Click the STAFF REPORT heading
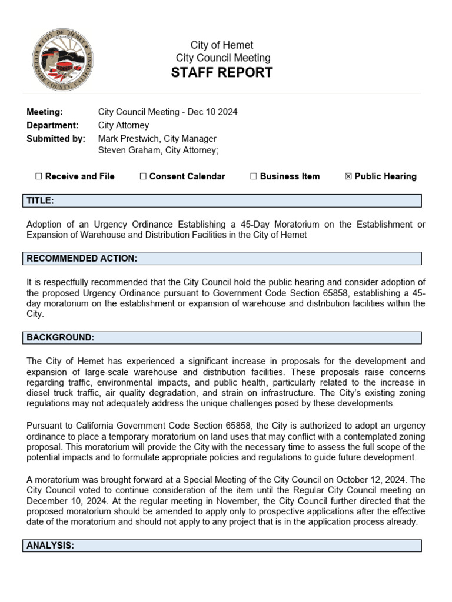(222, 73)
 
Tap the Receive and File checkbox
(39, 176)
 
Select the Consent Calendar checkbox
(143, 176)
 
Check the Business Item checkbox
(254, 176)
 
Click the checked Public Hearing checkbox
(348, 176)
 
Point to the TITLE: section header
(41, 201)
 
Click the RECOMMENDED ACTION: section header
(82, 259)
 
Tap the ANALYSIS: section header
(51, 546)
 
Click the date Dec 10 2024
(212, 112)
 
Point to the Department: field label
(52, 125)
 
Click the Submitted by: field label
(56, 139)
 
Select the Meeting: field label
(44, 112)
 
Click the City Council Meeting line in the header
(223, 58)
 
